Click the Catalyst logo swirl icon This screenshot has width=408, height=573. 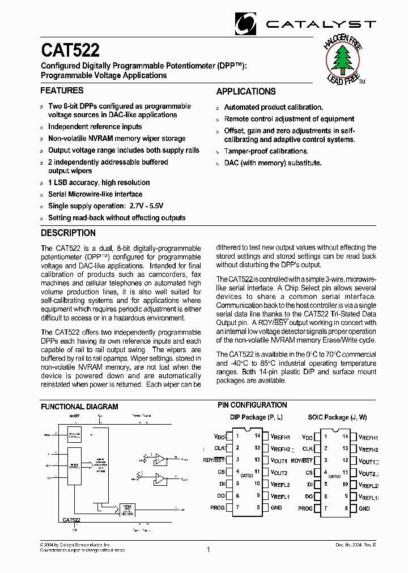(246, 24)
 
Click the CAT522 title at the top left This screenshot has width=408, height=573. (70, 51)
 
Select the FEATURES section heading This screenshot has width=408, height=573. (62, 91)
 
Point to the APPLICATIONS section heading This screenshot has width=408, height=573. (246, 92)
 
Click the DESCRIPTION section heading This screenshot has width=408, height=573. (69, 233)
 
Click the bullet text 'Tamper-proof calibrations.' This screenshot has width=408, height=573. (266, 151)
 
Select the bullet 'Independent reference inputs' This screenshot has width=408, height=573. (95, 127)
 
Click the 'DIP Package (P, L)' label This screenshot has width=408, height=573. (256, 417)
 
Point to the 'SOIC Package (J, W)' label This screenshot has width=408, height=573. (337, 417)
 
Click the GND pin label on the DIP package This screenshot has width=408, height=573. (276, 508)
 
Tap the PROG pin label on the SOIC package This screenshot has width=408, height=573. (305, 508)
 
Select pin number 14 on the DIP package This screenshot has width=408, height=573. (257, 436)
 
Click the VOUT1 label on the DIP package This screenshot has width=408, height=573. (279, 461)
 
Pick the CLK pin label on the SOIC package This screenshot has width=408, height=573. (307, 448)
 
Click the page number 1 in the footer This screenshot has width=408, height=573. (209, 549)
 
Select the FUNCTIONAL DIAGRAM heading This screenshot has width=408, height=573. (80, 407)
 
